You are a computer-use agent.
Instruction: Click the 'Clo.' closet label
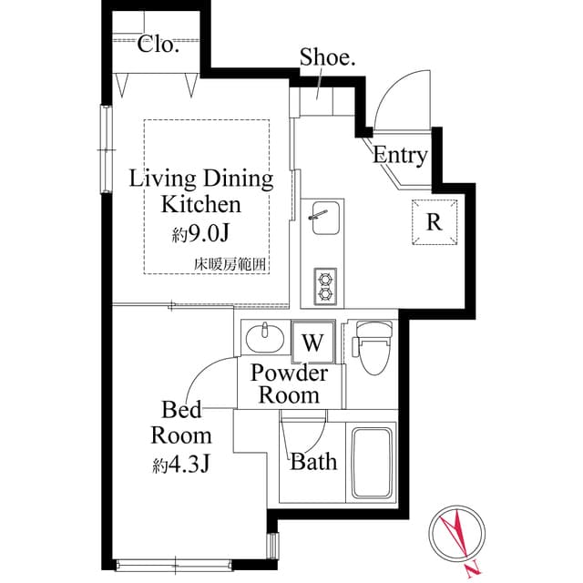[159, 44]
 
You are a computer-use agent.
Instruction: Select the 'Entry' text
[400, 155]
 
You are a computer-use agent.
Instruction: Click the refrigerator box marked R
[434, 221]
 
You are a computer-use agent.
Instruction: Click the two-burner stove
[324, 286]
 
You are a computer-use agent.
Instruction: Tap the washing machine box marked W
[312, 343]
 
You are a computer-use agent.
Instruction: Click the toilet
[372, 349]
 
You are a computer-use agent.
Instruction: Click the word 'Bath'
[313, 462]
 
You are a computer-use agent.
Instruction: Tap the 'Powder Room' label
[290, 384]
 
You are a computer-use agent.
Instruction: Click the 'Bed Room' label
[181, 422]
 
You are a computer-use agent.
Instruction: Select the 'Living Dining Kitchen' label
[201, 190]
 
